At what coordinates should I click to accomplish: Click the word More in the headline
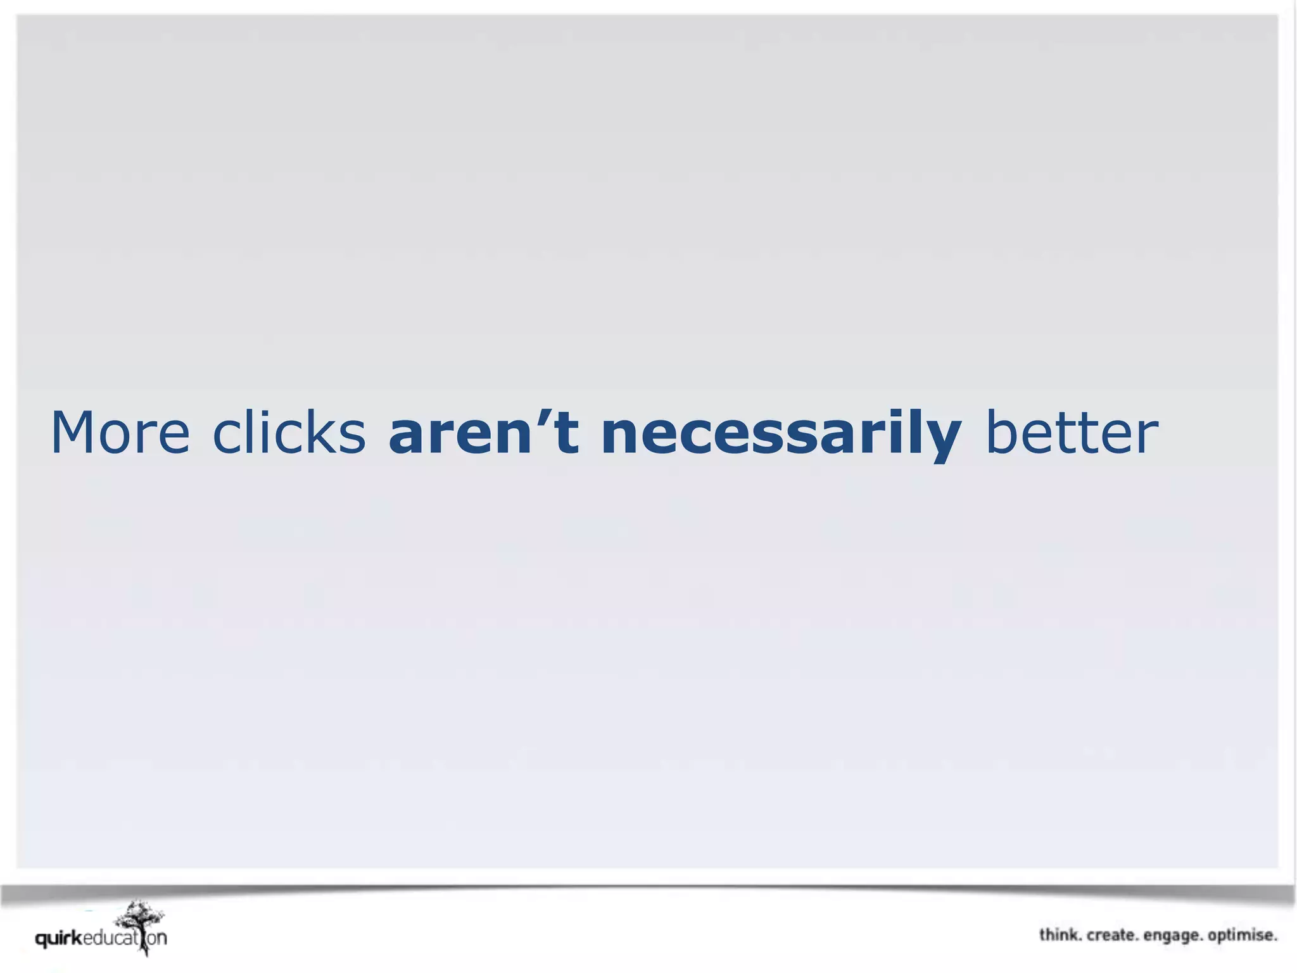point(120,433)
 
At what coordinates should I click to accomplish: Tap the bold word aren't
point(484,433)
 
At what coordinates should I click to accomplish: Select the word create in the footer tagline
point(1112,935)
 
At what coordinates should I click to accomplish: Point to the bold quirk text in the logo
point(59,939)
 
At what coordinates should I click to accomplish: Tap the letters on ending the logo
point(158,938)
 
